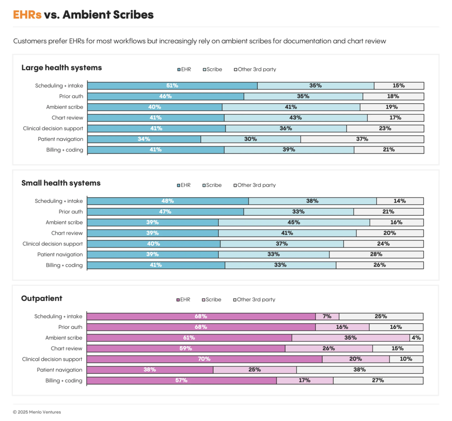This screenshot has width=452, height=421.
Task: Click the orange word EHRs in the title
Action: coord(27,15)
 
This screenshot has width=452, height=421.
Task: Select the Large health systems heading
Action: coord(61,68)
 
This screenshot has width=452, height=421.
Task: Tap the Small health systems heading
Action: coord(61,183)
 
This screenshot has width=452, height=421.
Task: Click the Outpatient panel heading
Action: coord(42,298)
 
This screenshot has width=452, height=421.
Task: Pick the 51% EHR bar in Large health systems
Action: coord(172,85)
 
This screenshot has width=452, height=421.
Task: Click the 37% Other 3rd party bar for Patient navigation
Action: coord(362,139)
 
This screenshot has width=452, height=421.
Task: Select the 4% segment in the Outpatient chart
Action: coord(416,338)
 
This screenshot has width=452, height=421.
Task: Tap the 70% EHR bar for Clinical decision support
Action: coord(204,359)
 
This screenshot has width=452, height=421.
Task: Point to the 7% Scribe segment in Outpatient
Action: coord(327,317)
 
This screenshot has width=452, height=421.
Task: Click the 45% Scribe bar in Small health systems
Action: coord(294,222)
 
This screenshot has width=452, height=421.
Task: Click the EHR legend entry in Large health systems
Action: coord(184,70)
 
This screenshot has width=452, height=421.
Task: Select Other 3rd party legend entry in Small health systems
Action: coord(254,185)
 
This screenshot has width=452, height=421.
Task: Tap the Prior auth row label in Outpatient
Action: coord(70,327)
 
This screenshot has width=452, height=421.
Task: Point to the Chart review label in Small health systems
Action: coord(67,233)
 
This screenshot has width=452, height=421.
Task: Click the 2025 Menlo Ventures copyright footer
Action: coord(37,412)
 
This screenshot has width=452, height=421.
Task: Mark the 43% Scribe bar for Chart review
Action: coord(296,118)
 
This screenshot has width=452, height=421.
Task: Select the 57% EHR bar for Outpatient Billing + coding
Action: coord(181,380)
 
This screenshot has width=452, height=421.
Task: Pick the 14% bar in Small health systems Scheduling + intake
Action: coord(400,201)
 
